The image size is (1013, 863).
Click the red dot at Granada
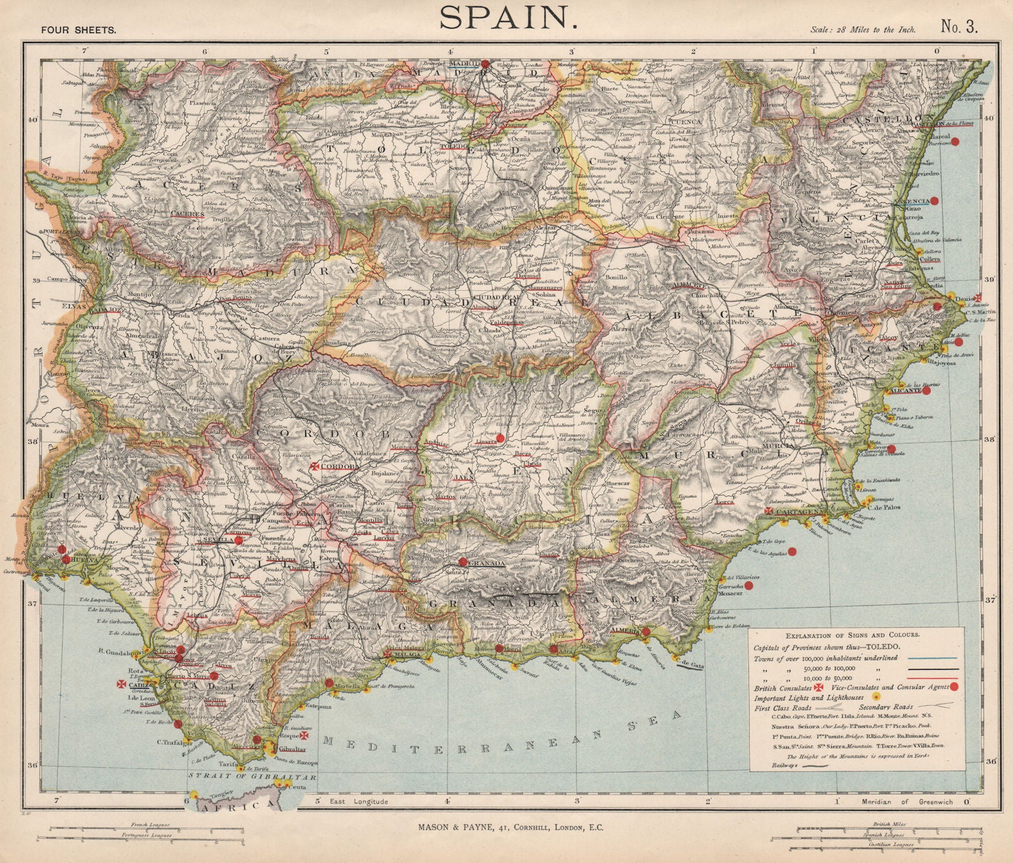pos(463,561)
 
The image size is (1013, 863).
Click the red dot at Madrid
pos(485,63)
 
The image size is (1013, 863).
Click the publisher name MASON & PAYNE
pos(456,828)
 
